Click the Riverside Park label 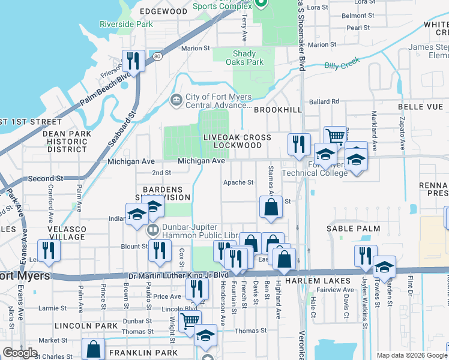coord(126,25)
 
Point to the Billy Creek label coord(340,65)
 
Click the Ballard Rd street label coord(325,101)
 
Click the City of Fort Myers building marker coord(176,99)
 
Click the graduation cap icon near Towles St coord(384,266)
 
